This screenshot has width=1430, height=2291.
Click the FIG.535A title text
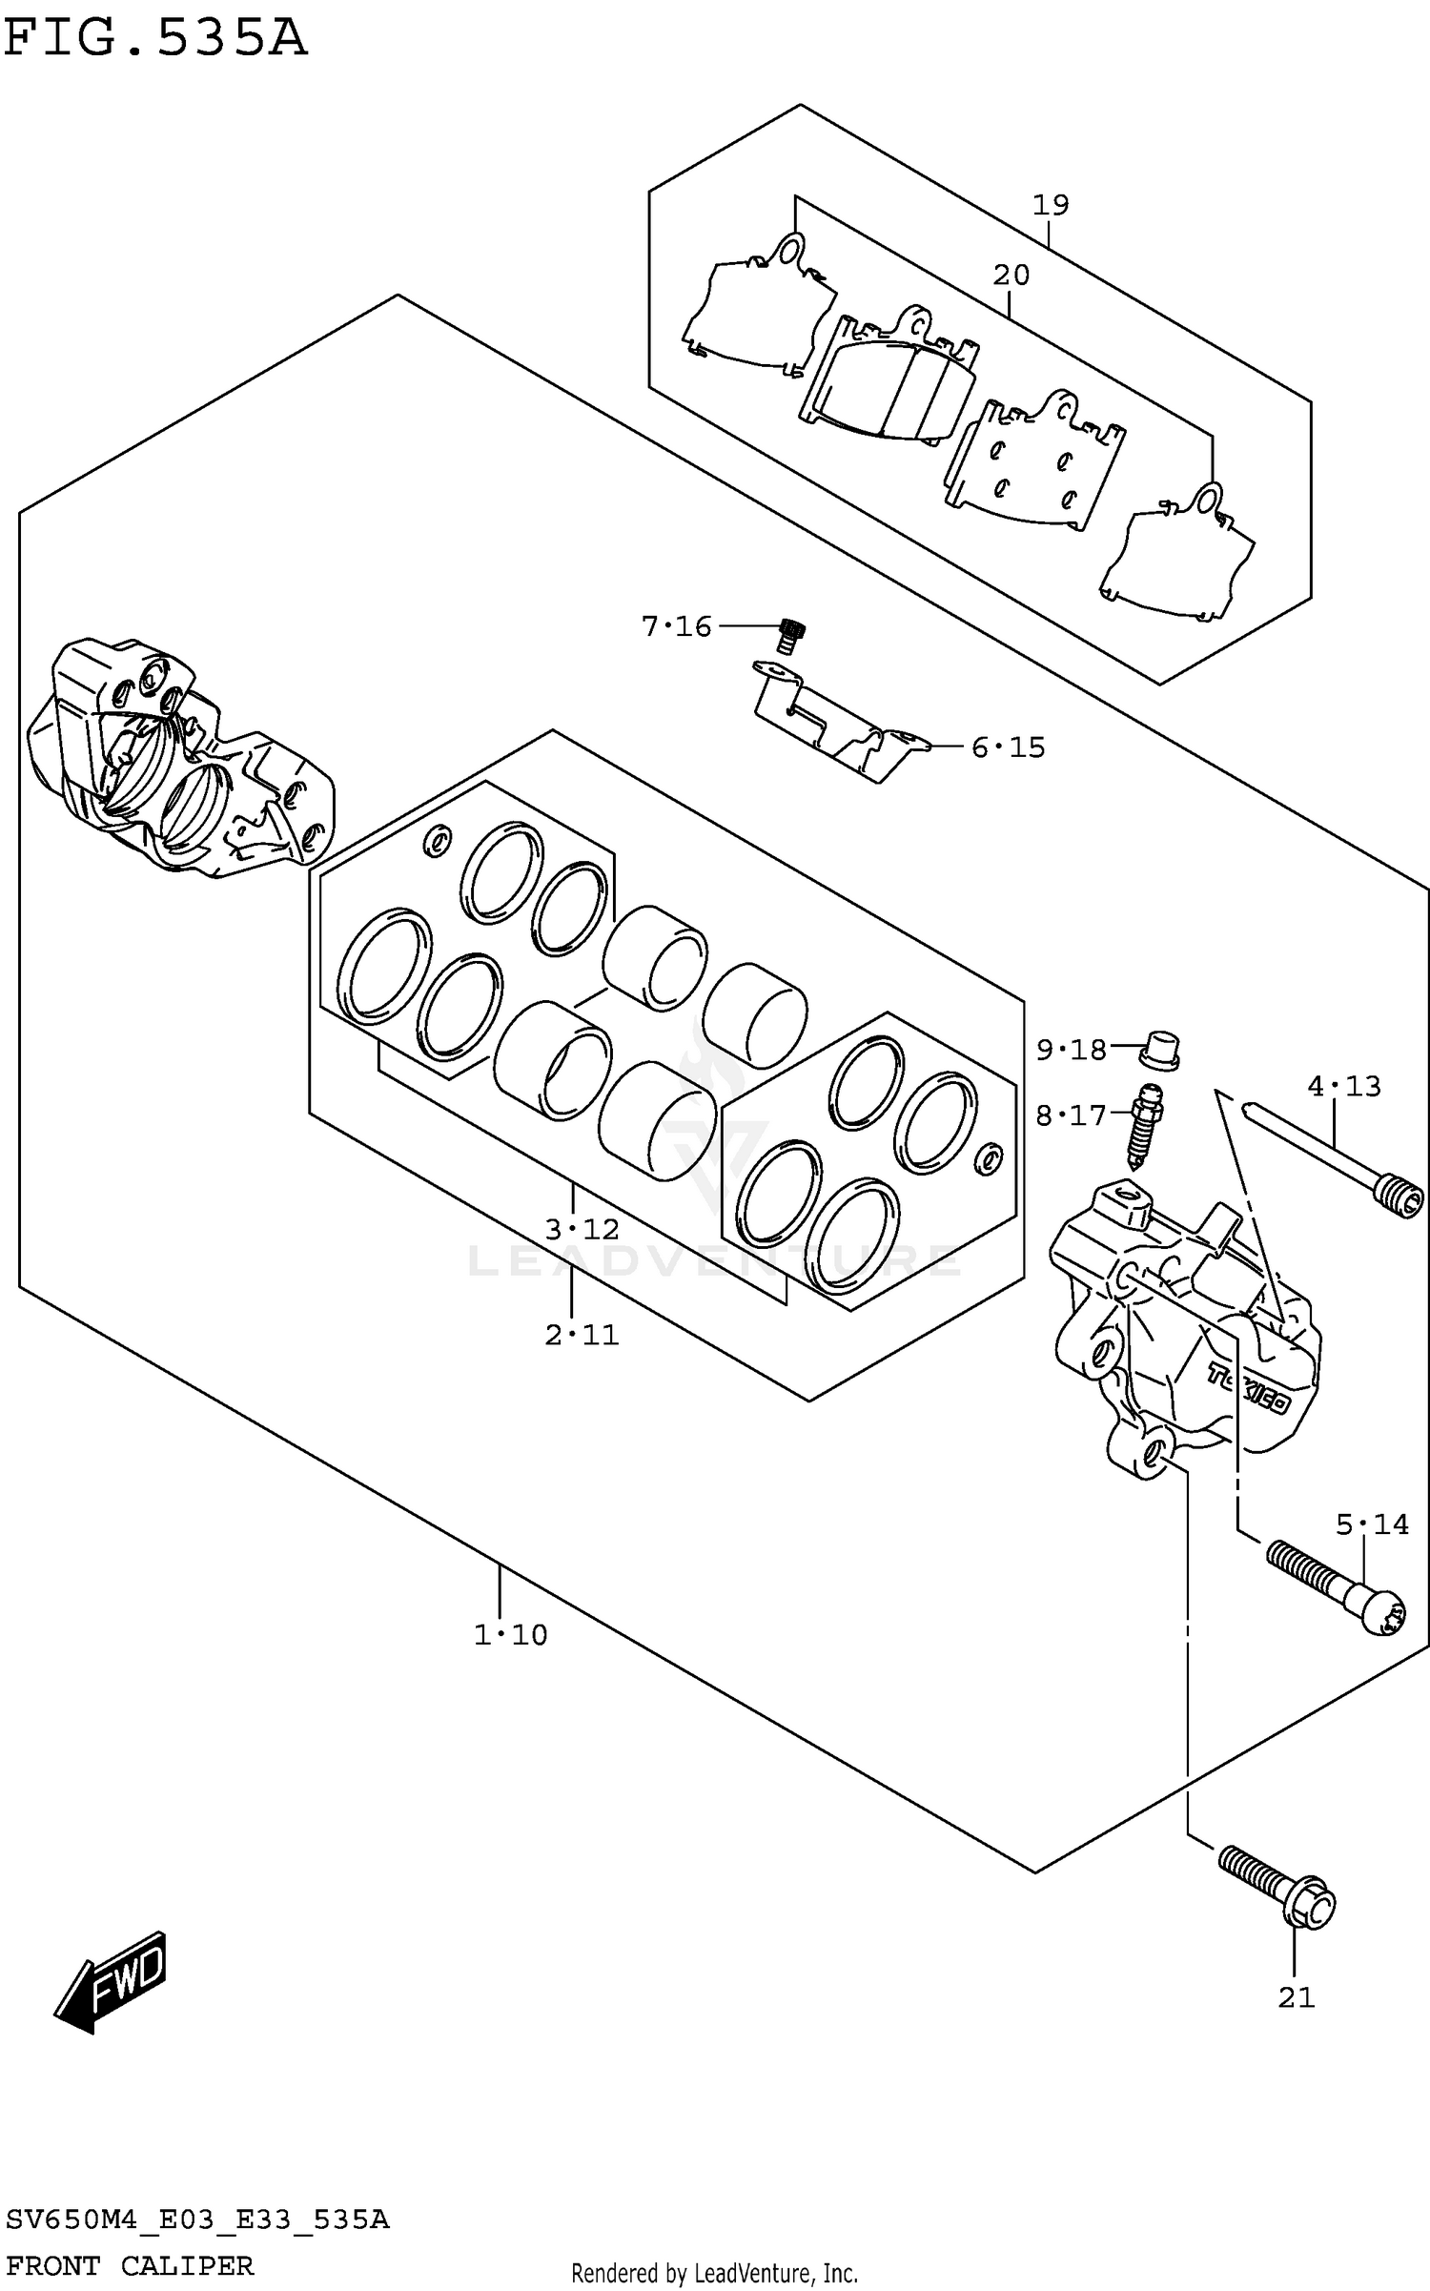(x=155, y=40)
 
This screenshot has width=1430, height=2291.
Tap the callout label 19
(x=1051, y=205)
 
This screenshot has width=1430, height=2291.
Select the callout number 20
(x=1011, y=276)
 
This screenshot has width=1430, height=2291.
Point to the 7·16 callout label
(x=676, y=626)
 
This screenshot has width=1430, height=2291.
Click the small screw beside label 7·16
(x=790, y=635)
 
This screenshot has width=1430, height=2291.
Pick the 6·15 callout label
(x=1008, y=747)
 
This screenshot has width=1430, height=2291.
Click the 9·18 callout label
(x=1071, y=1051)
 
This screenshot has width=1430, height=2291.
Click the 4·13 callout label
(x=1343, y=1086)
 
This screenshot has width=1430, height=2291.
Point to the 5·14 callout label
(x=1371, y=1525)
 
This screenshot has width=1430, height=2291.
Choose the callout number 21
(x=1296, y=1997)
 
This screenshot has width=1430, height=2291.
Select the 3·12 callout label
(x=582, y=1230)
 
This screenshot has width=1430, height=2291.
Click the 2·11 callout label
(x=582, y=1335)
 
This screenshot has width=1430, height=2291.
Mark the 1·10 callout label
(x=511, y=1636)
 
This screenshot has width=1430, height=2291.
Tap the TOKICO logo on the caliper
(x=1249, y=1390)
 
